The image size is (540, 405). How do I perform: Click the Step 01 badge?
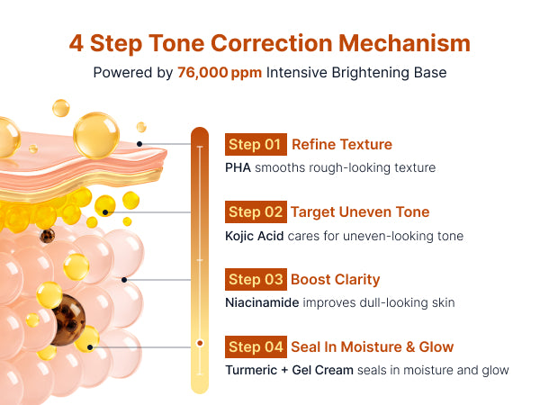(x=256, y=144)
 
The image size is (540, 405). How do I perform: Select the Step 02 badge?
(x=256, y=211)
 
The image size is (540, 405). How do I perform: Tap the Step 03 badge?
(x=256, y=279)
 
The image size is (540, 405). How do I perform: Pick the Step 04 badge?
(x=256, y=346)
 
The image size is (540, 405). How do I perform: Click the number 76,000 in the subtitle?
(x=202, y=73)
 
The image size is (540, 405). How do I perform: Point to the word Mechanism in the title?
(x=404, y=43)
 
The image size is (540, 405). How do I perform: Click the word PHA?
(x=238, y=167)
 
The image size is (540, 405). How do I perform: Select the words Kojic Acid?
(x=254, y=236)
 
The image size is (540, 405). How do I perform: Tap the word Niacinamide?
(x=262, y=302)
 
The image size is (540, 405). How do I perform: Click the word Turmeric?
(x=251, y=370)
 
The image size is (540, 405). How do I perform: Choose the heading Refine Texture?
(x=342, y=144)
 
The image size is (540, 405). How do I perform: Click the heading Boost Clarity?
(x=336, y=280)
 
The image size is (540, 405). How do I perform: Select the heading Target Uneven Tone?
(x=360, y=212)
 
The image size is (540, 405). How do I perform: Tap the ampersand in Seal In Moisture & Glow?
(x=410, y=347)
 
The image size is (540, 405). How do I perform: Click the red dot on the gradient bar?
(x=200, y=343)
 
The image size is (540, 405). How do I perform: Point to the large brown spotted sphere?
(x=68, y=319)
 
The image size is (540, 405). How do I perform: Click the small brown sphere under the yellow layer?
(x=47, y=236)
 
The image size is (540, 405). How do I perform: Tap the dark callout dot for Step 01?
(x=139, y=144)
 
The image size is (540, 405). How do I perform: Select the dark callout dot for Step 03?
(x=124, y=280)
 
